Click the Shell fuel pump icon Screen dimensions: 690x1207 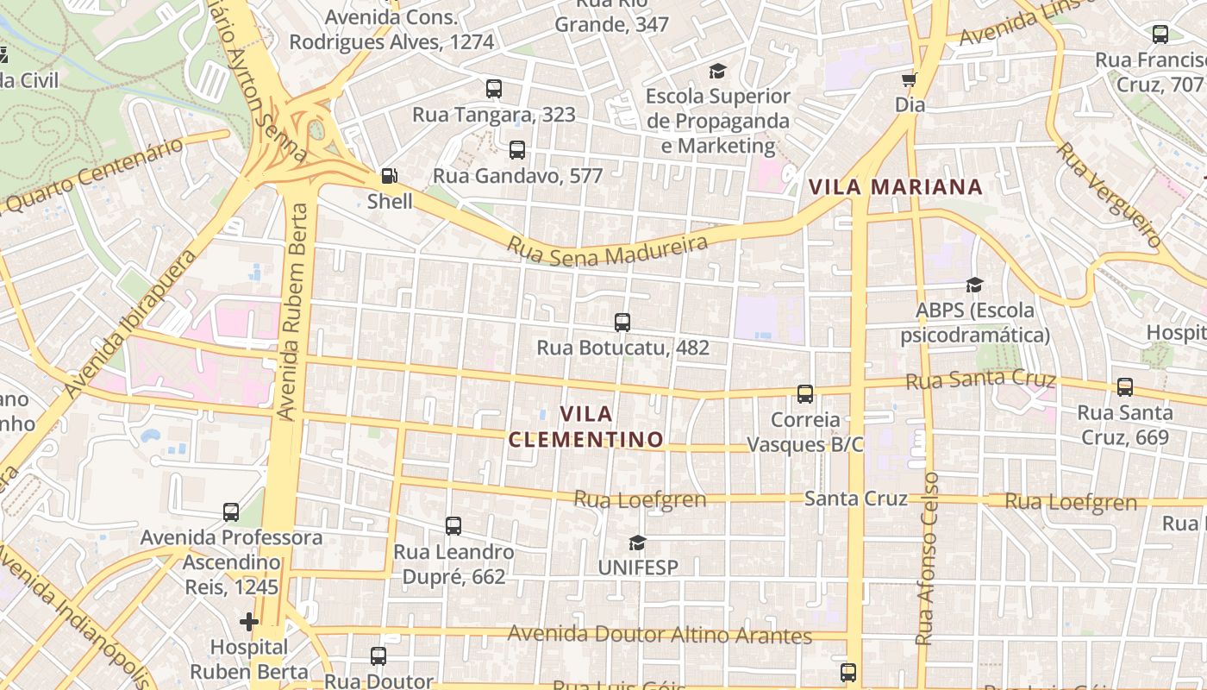390,176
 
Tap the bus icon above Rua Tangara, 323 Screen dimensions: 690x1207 493,88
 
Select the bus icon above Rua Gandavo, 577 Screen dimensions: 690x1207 516,149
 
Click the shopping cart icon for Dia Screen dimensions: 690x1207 909,80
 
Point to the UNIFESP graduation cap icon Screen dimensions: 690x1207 637,543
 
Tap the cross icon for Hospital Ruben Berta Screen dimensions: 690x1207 249,621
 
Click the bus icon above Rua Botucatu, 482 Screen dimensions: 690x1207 622,323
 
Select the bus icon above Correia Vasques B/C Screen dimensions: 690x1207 804,394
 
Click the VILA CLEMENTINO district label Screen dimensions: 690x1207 586,427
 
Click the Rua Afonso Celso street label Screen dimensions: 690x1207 927,559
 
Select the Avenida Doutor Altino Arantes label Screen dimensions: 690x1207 660,636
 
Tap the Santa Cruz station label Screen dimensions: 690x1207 855,499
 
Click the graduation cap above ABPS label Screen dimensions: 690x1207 974,285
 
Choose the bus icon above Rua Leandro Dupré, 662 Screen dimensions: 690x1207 453,525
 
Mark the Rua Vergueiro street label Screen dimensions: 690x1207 1109,195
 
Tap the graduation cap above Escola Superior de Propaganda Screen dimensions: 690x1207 717,71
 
